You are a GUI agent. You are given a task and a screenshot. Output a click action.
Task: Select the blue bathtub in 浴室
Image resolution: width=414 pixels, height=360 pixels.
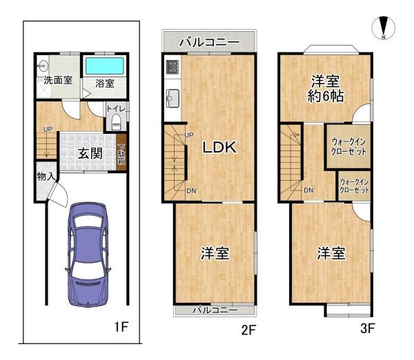(x=104, y=67)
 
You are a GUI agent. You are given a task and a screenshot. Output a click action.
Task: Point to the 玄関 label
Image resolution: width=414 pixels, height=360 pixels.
(x=90, y=153)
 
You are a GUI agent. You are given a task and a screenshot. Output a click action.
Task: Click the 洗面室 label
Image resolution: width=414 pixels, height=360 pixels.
(x=58, y=80)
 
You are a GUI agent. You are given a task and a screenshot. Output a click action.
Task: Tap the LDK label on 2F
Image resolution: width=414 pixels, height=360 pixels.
(x=219, y=147)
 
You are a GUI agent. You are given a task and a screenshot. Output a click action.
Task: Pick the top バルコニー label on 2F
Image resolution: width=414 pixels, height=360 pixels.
(x=209, y=42)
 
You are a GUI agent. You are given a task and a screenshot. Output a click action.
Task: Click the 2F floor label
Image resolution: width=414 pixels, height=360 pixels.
(x=248, y=329)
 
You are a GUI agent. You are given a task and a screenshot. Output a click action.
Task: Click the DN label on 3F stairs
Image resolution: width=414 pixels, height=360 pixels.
(x=309, y=190)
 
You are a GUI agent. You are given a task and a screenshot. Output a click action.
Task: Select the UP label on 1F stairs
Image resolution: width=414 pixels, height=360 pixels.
(x=47, y=129)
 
